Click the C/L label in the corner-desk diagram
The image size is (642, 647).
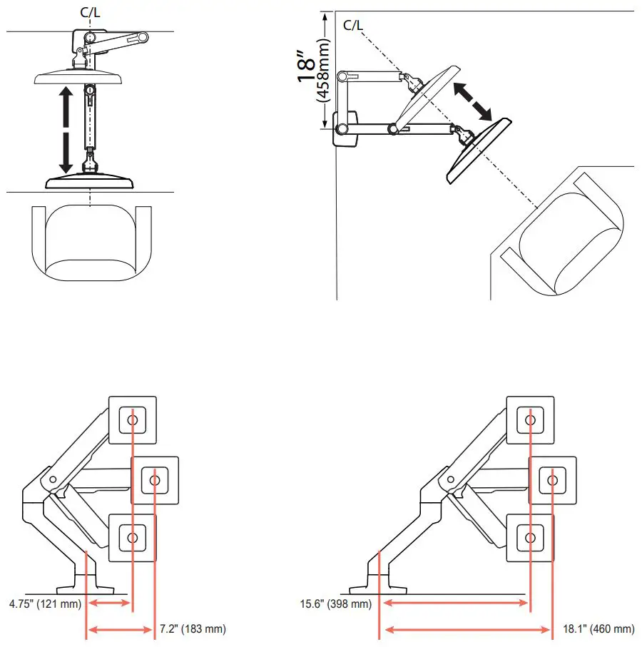(353, 26)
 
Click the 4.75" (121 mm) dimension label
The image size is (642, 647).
(45, 603)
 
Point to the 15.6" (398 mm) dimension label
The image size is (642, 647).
(335, 603)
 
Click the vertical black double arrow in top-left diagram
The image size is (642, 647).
(66, 129)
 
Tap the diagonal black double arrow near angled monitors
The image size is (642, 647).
(472, 101)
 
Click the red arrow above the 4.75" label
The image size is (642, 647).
(108, 603)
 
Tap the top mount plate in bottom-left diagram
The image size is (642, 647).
(133, 419)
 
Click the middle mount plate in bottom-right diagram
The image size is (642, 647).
(551, 479)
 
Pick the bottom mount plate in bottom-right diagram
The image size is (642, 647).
(529, 536)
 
